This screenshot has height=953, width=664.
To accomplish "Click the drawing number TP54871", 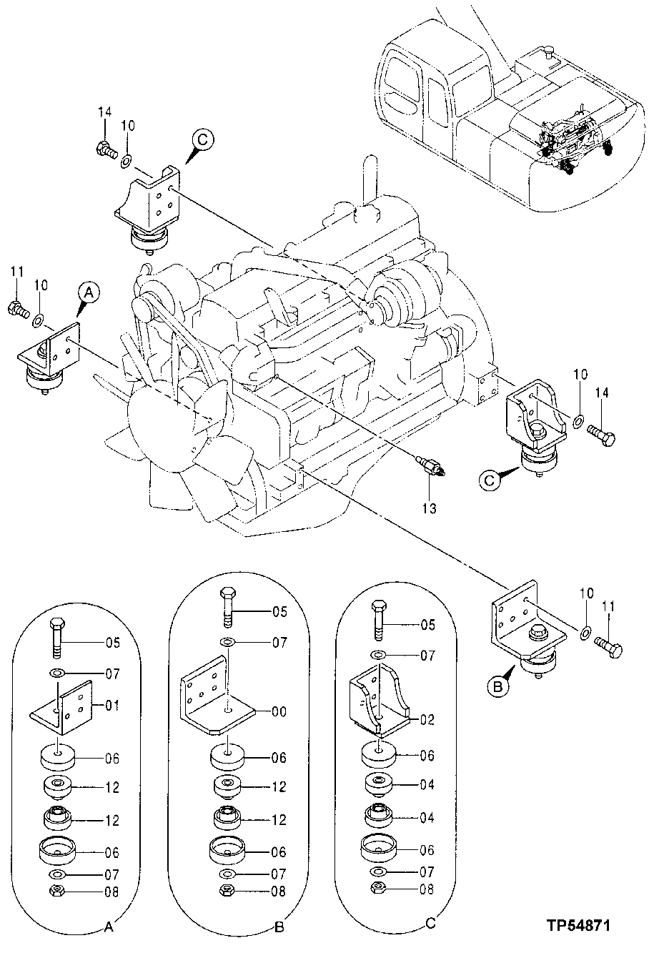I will coord(578,925).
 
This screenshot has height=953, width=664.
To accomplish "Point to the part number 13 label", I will coord(429,508).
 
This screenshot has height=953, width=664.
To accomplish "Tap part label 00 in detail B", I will coord(279,711).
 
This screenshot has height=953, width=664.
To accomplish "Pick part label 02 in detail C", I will coord(427,719).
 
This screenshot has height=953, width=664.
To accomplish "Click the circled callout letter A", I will coord(87,291).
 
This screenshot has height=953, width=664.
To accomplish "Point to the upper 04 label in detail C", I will coord(427,784).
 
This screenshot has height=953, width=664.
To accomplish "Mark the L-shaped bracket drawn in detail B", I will coord(214,704).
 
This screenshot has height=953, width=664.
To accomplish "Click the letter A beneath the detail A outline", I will coord(108,928).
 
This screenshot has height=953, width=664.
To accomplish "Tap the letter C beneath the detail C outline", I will coord(430,924).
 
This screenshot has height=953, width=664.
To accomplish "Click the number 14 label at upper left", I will coord(105,112).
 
